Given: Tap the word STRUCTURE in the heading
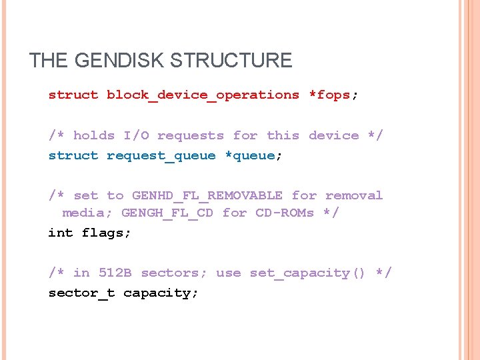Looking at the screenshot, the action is point(231,61).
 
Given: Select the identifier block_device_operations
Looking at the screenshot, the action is point(203,95).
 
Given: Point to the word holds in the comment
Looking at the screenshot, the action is point(93,135).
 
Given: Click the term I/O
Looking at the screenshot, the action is point(136,135).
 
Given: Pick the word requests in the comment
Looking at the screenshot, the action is point(191,136).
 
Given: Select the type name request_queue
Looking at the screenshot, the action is point(161,156).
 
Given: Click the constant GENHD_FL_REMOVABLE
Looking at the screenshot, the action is point(207,196).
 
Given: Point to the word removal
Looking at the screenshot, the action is point(354,195).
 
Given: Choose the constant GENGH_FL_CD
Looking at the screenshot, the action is point(167,213).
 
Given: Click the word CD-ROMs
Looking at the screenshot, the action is point(285,213).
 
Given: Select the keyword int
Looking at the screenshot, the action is point(61,233).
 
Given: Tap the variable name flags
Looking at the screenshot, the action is point(106,233).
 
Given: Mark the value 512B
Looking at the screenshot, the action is point(115,273).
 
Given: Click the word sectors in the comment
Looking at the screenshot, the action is point(174,273).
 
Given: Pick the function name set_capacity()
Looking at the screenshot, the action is point(307,273).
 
